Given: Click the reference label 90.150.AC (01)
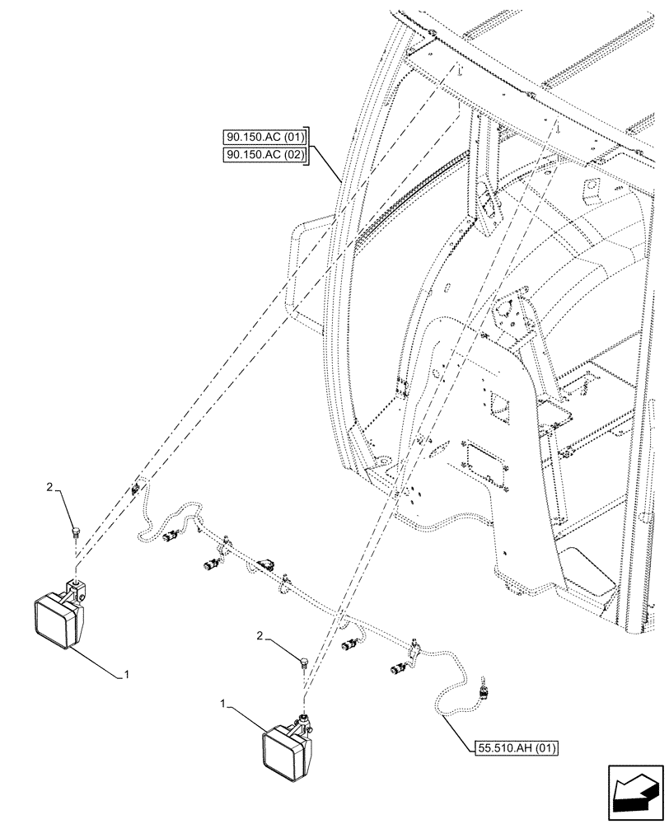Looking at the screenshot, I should coord(264,138).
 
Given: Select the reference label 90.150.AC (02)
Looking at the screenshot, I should coord(264,156).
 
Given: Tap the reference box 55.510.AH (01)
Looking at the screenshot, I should coord(517,748).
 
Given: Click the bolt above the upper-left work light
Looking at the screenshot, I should coord(76,532).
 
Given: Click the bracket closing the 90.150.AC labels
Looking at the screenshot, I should coord(307,147).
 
